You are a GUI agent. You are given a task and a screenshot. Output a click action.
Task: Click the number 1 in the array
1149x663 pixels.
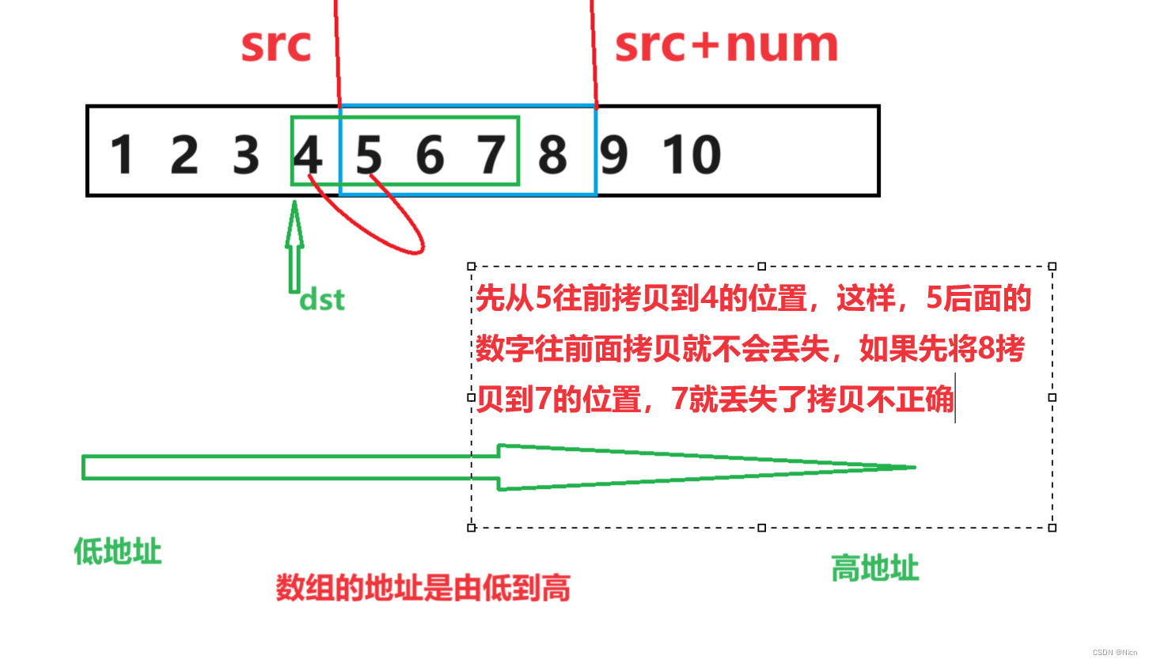121,155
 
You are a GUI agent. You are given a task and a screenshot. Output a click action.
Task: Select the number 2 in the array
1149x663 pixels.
184,155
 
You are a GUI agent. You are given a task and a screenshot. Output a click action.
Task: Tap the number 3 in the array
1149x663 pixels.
246,155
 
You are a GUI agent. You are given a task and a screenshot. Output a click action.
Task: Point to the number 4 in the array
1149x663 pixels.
308,155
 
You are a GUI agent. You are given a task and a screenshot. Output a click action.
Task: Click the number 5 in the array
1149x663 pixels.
369,155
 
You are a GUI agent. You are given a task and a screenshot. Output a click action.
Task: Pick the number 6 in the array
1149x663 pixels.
430,155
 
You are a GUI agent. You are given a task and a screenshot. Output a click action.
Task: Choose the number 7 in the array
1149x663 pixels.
491,155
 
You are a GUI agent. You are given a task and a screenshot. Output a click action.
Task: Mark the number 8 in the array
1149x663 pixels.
552,155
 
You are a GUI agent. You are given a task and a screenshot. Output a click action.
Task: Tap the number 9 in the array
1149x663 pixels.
613,155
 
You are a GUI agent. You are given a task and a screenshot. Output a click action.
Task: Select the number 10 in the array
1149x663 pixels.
692,155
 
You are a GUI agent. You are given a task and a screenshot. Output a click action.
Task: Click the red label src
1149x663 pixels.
276,46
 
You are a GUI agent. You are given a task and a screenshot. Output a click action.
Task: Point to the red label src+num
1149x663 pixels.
726,46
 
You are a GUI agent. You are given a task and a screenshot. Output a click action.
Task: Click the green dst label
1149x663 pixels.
322,301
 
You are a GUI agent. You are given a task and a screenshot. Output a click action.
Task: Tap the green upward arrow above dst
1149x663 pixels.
294,245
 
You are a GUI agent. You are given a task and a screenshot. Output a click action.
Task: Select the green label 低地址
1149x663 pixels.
117,551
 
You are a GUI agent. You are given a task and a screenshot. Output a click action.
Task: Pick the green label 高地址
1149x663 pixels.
874,568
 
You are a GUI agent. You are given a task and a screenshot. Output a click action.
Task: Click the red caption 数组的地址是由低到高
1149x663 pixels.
423,589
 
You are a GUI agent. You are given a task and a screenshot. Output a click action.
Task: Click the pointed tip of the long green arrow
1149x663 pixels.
912,467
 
